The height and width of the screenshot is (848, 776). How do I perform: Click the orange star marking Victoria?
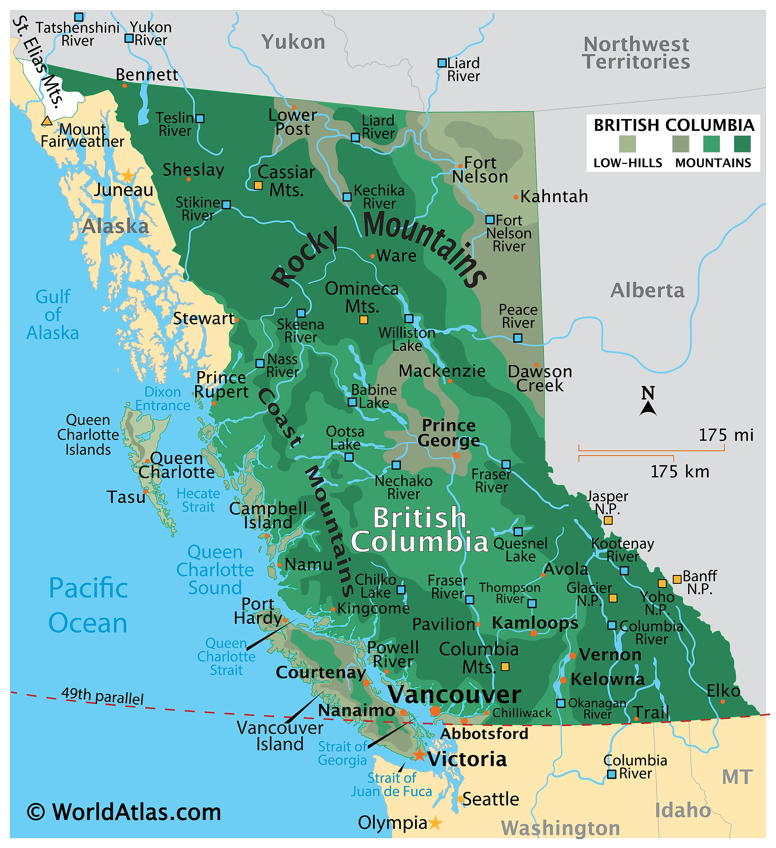click(x=419, y=755)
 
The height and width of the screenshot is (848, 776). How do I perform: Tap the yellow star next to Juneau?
click(x=128, y=175)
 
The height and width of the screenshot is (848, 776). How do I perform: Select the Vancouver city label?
click(x=454, y=695)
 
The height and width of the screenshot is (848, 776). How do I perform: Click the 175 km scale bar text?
click(x=680, y=471)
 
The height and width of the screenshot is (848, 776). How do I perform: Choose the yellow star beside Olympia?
click(x=435, y=823)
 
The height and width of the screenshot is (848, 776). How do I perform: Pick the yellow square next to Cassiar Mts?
click(x=258, y=185)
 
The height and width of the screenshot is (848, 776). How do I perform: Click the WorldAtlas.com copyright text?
click(x=124, y=812)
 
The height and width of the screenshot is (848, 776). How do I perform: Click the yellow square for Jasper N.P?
click(x=608, y=520)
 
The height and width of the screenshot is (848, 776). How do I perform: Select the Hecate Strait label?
click(x=198, y=500)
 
